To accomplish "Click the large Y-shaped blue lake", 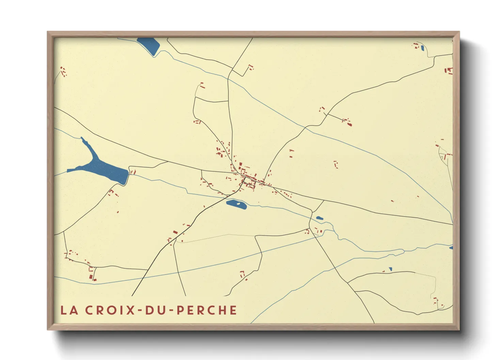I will coord(102,169).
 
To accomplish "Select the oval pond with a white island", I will coord(236,204).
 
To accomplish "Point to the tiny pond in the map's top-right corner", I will coord(422,48).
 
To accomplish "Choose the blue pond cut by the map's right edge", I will coord(451,247).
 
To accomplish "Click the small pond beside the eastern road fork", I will coord(319,218).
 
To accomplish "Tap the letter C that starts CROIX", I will coord(89,310).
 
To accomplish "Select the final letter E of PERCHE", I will coord(233,310).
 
